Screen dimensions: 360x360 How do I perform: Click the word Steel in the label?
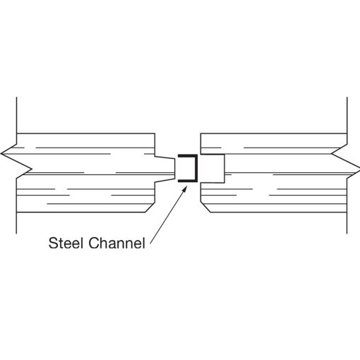click(66, 243)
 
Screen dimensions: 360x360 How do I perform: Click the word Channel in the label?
click(116, 243)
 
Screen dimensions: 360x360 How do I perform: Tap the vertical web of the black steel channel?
click(196, 169)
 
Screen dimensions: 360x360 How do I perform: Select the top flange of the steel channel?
click(188, 156)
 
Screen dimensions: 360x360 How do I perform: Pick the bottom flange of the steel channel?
click(188, 181)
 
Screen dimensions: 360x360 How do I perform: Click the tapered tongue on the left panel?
click(165, 169)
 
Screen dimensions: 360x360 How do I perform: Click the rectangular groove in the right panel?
click(212, 169)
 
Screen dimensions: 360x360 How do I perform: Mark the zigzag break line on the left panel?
click(16, 161)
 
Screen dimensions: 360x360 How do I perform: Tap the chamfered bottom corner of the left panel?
click(150, 207)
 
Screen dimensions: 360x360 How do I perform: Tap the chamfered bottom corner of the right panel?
click(205, 207)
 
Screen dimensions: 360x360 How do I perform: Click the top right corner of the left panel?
click(155, 133)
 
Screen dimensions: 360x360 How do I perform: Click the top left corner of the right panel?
click(200, 133)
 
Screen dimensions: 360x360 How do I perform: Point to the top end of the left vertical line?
click(16, 97)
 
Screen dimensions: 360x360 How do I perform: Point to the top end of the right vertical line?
click(347, 97)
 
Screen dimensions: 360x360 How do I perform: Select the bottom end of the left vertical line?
click(16, 234)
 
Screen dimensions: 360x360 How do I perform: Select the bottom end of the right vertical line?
click(347, 234)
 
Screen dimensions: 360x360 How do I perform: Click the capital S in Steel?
click(53, 243)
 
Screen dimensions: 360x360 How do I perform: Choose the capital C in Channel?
click(94, 243)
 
